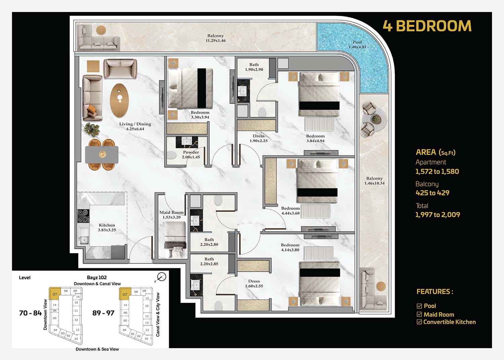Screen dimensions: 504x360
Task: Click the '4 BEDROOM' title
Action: (427, 26)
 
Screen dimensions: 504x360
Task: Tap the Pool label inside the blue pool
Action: (357, 45)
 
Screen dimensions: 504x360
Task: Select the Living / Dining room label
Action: (135, 126)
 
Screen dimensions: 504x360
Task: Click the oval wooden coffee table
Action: (119, 101)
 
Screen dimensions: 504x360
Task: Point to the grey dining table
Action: (102, 155)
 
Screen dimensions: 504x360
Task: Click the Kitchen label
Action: (107, 227)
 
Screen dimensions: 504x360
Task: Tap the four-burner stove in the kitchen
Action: (83, 216)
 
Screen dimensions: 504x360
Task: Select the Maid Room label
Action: (171, 215)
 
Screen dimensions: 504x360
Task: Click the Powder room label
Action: (191, 155)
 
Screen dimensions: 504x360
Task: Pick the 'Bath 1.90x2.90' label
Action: (254, 67)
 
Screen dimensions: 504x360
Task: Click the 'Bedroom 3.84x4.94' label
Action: (315, 138)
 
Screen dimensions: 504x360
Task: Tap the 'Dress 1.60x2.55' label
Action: (254, 283)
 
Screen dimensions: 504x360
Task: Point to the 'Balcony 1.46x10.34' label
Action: (374, 181)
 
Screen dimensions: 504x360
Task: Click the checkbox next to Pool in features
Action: (419, 306)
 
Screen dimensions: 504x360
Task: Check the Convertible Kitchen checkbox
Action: (419, 322)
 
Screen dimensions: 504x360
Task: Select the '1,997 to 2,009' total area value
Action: (437, 214)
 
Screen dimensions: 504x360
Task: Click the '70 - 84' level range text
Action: (31, 313)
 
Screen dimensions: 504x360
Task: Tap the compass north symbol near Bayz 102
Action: (161, 277)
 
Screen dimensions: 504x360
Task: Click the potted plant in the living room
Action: (92, 129)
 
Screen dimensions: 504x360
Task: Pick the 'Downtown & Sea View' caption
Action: (97, 349)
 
